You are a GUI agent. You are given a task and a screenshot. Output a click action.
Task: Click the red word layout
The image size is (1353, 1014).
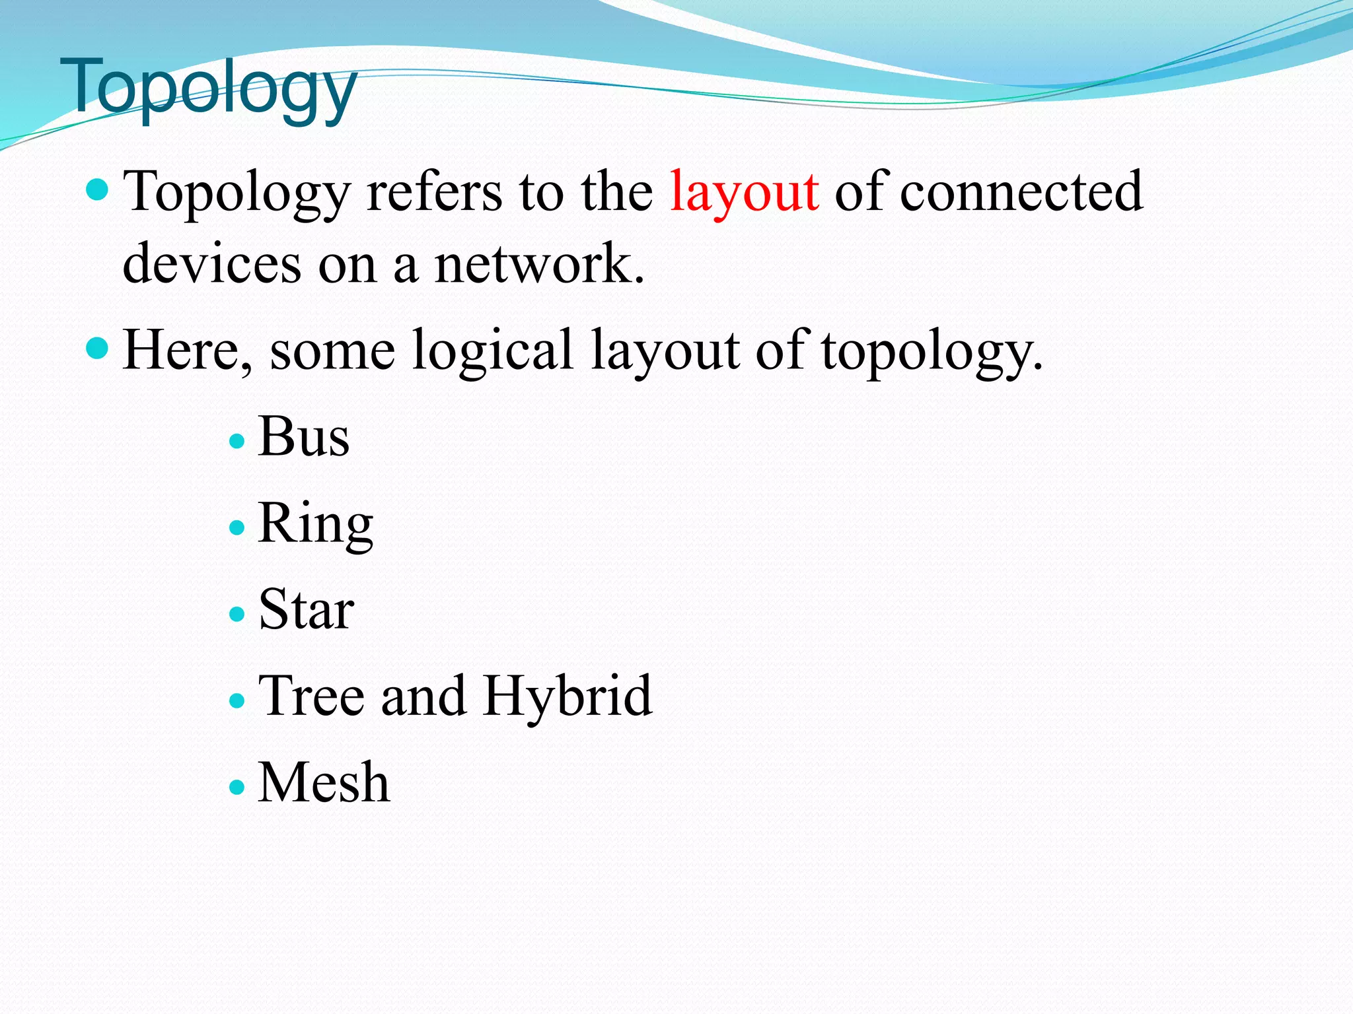pyautogui.click(x=744, y=192)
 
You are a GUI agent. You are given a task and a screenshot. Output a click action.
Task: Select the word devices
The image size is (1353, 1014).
pyautogui.click(x=211, y=263)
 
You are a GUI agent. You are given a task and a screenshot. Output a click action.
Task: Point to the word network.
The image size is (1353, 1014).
pyautogui.click(x=538, y=263)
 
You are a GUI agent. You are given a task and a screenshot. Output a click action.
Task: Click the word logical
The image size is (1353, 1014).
pyautogui.click(x=492, y=351)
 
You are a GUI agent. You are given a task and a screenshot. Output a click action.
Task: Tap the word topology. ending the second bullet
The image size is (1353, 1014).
pyautogui.click(x=932, y=351)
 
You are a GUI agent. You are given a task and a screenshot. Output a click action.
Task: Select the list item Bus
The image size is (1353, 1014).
pyautogui.click(x=303, y=436)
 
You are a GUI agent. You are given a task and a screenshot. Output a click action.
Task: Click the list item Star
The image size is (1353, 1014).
pyautogui.click(x=306, y=609)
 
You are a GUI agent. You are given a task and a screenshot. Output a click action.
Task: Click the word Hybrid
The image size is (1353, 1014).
pyautogui.click(x=567, y=696)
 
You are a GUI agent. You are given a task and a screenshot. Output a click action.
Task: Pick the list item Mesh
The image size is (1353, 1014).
pyautogui.click(x=324, y=782)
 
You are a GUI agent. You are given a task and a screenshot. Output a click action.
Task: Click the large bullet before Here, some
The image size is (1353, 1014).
pyautogui.click(x=97, y=348)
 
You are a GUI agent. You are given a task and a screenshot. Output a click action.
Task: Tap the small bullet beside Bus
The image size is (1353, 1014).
pyautogui.click(x=237, y=441)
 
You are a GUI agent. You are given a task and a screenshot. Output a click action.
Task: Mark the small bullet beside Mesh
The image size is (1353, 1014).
pyautogui.click(x=237, y=787)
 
